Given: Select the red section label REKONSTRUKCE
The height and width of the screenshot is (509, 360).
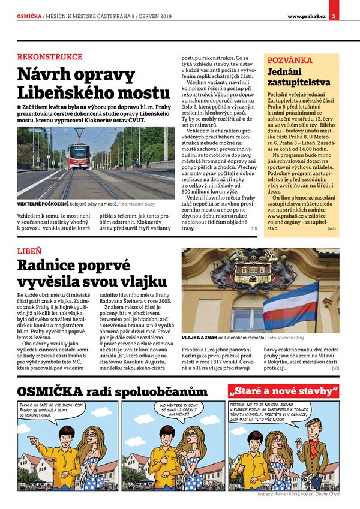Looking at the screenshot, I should point(50,57).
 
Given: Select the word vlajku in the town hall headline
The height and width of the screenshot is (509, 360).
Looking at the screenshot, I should point(134,281).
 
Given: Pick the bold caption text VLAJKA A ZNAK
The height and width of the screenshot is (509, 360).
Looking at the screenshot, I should point(199,338).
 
